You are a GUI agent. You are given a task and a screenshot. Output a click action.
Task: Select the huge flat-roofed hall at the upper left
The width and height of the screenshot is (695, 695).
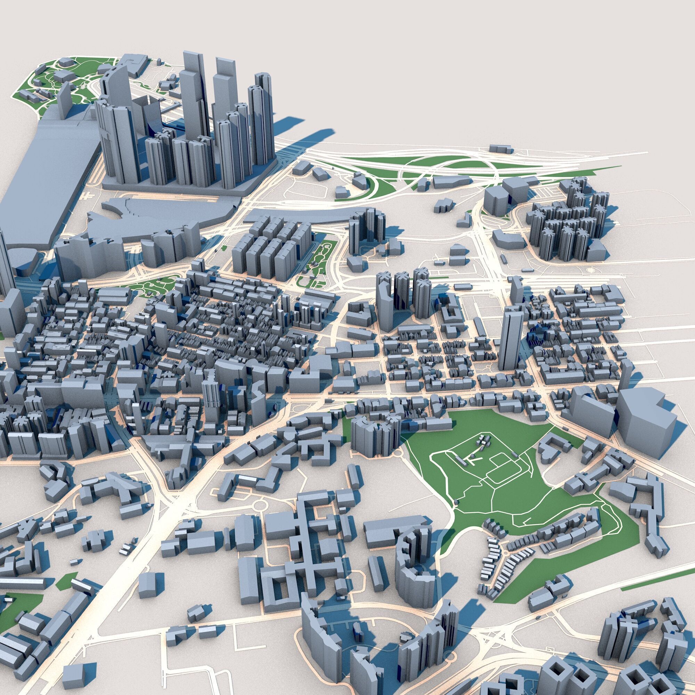click(54, 173)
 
